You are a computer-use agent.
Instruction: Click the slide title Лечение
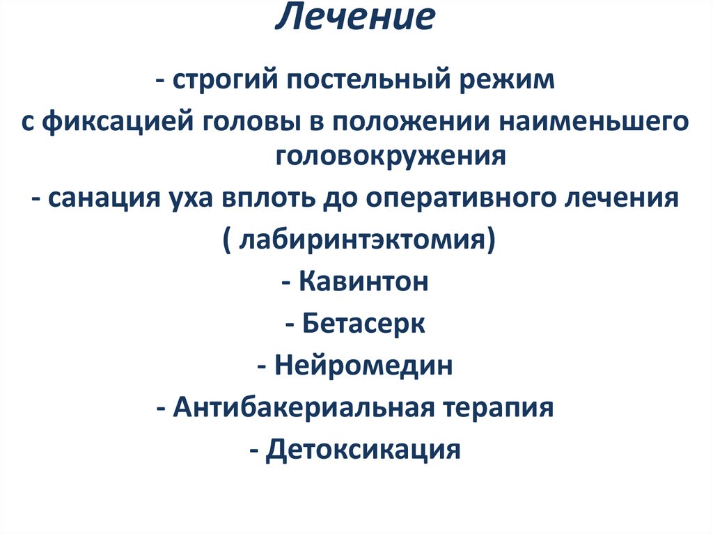point(355,19)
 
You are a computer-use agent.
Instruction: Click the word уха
point(191,199)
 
